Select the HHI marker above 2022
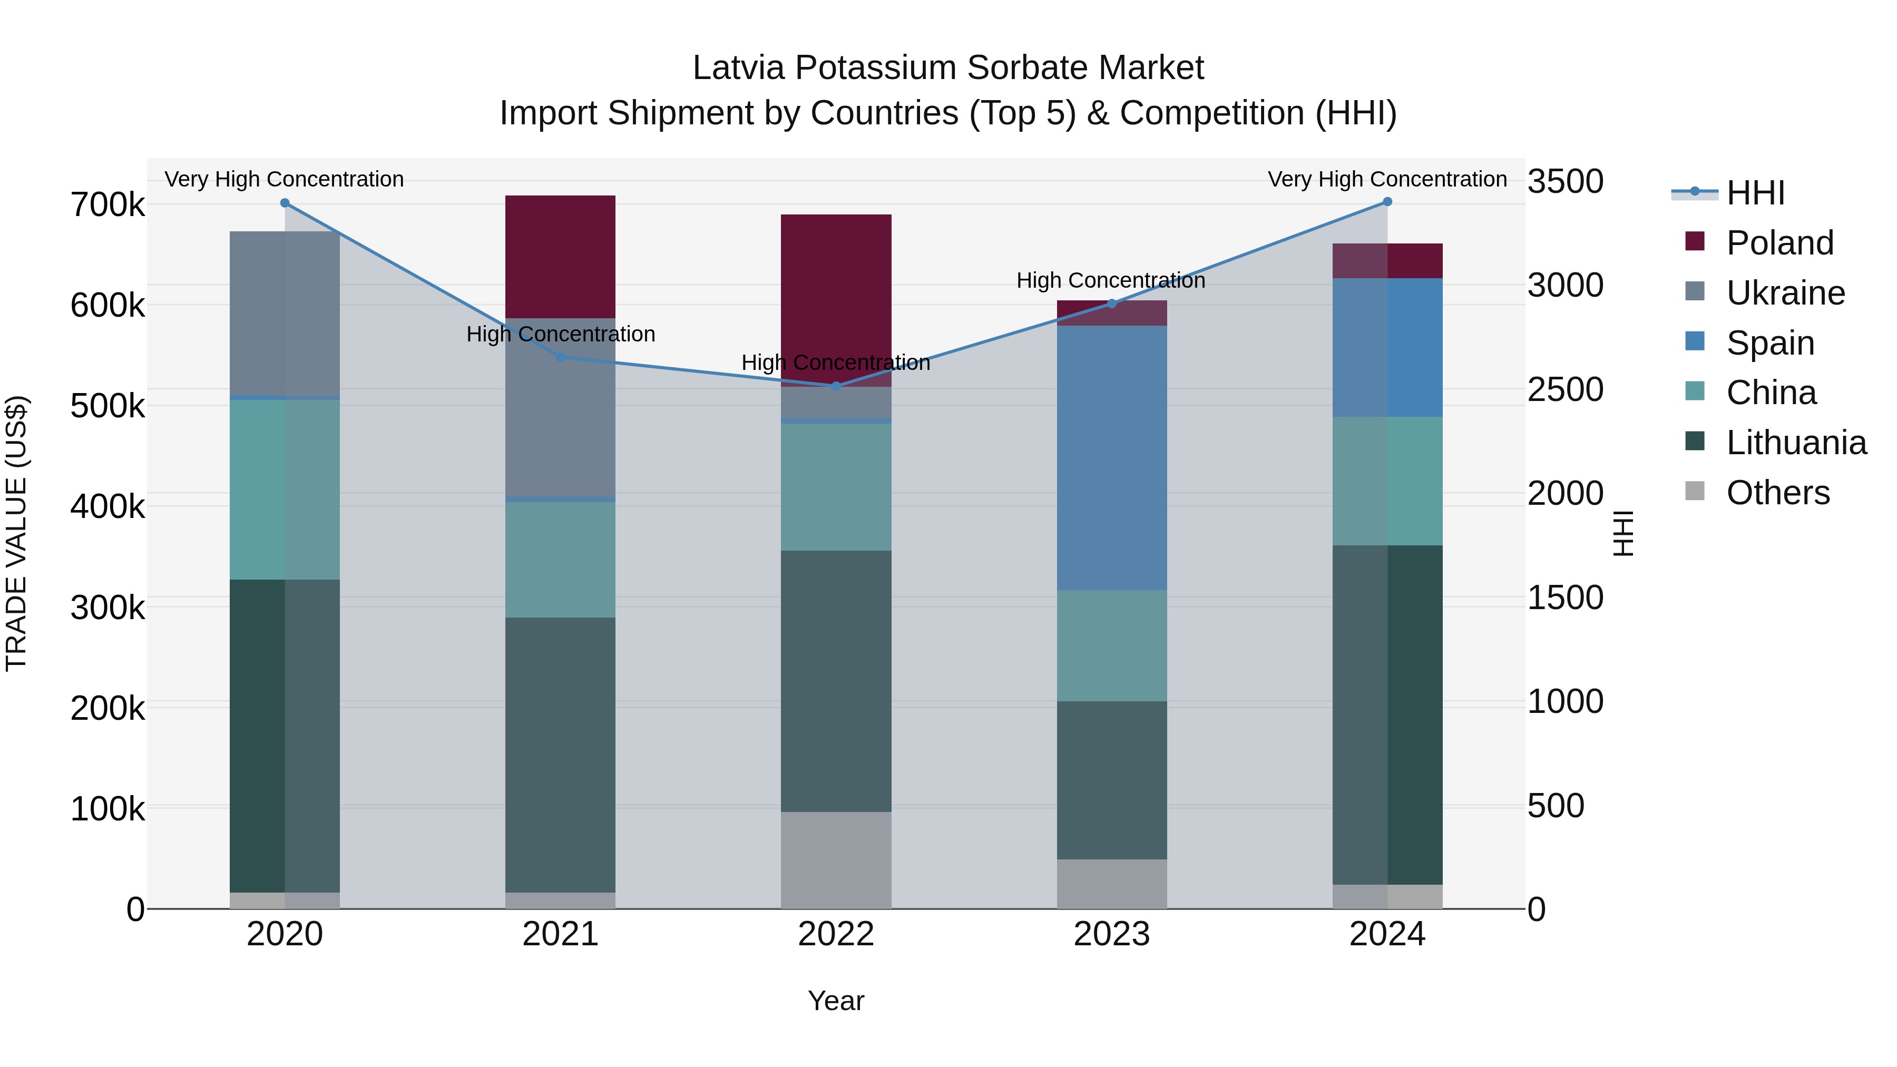tap(836, 386)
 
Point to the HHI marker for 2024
tap(1387, 202)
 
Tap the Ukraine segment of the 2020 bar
tap(285, 313)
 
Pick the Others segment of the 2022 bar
tap(836, 860)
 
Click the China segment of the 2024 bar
tap(1387, 481)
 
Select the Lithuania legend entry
tap(1795, 443)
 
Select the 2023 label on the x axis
tap(1111, 934)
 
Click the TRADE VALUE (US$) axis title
tap(16, 533)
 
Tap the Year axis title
tap(836, 1001)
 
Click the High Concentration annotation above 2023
tap(1110, 280)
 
